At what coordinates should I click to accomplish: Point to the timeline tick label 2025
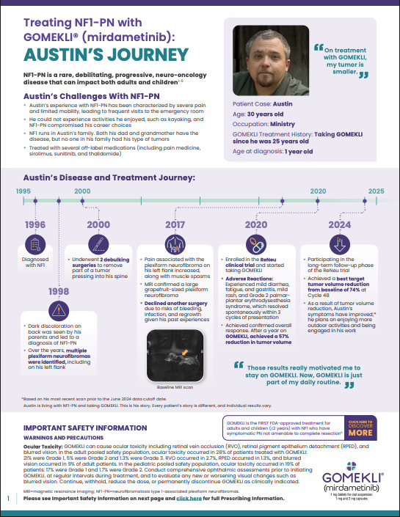pos(375,191)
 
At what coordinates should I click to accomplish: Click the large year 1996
pos(35,224)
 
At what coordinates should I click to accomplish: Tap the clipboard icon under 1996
pos(35,245)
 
